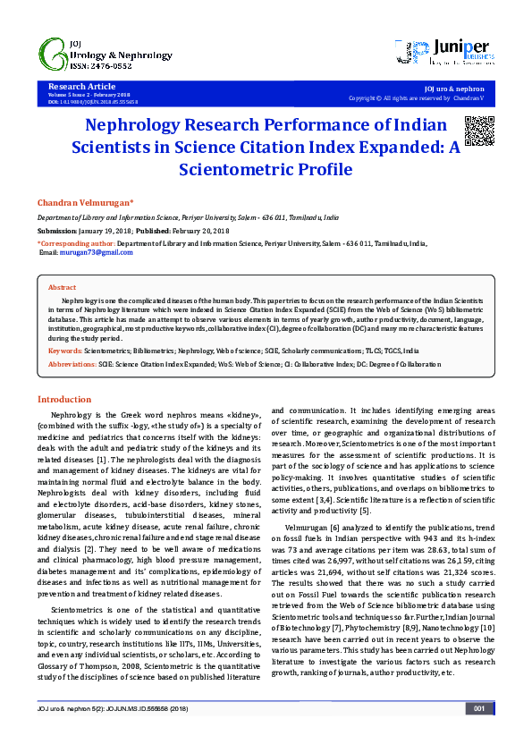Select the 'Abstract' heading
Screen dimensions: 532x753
[62, 287]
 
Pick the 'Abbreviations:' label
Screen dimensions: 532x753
[72, 365]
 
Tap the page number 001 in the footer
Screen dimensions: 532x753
[479, 733]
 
